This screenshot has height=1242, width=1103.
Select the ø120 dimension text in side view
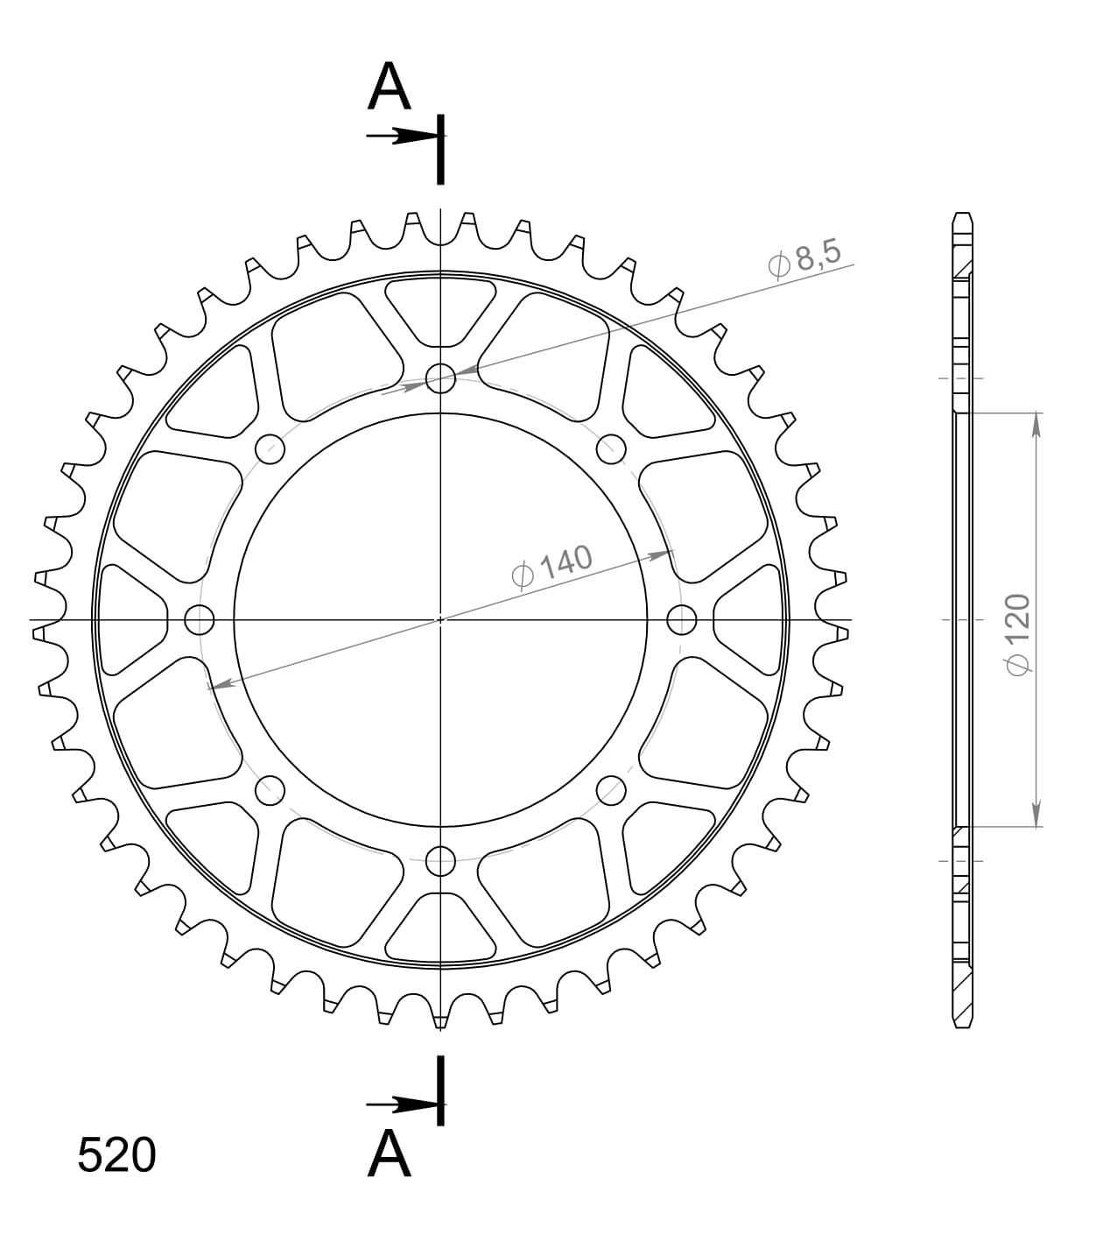(x=1017, y=635)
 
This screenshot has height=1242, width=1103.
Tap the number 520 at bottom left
(x=116, y=1155)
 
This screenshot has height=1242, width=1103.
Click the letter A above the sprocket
(x=390, y=88)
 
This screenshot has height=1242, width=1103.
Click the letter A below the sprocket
(x=390, y=1154)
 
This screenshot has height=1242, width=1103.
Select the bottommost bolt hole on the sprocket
(x=440, y=861)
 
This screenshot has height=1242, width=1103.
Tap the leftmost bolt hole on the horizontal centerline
(x=200, y=620)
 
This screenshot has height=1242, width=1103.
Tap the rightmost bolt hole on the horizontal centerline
(x=681, y=620)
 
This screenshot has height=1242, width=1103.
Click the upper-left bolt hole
(x=270, y=449)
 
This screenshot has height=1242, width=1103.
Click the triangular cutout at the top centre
(x=440, y=311)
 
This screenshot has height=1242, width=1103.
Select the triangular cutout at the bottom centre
(x=440, y=928)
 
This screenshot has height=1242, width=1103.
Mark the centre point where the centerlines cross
(x=440, y=620)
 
